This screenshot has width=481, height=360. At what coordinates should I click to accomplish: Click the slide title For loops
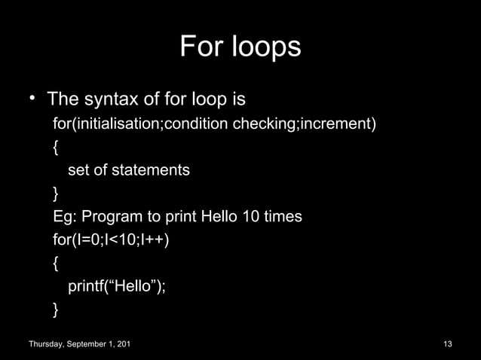coord(240,47)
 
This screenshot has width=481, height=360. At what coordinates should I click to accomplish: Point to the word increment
coord(335,124)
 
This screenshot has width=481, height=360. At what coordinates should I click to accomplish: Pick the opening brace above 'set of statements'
coord(57,147)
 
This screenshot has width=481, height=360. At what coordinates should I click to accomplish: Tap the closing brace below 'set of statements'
coord(57,194)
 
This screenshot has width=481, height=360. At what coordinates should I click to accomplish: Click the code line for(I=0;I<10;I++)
coord(111,240)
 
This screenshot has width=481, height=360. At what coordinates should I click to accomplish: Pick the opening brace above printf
coord(57,264)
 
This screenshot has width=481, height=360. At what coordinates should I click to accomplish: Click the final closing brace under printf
coord(57,310)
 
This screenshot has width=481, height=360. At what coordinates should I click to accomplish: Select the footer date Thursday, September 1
coord(78,344)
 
